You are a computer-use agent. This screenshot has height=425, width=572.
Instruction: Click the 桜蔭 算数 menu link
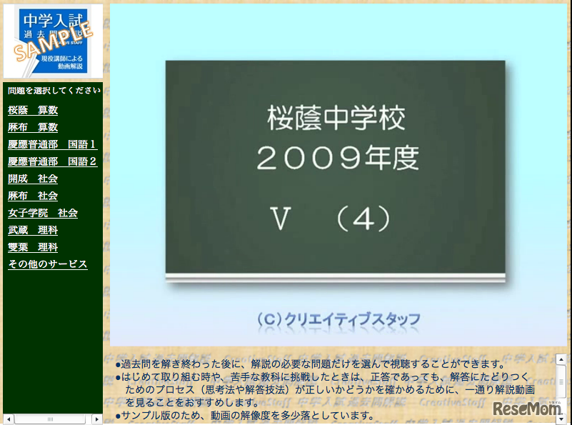33,110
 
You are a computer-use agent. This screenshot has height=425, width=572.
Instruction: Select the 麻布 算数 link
33,127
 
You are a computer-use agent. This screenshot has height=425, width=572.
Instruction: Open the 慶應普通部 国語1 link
52,144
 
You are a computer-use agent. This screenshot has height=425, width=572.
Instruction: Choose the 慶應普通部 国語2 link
52,161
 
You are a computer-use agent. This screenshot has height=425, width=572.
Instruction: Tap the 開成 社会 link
33,179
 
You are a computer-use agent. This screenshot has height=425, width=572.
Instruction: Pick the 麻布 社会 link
33,196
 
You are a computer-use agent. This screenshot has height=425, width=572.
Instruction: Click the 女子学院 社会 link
43,213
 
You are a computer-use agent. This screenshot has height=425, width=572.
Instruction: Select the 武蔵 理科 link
33,230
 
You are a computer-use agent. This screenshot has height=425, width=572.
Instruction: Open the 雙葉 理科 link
33,247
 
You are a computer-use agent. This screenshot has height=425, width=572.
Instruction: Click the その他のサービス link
48,264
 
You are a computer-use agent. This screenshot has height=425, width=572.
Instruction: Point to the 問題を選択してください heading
54,91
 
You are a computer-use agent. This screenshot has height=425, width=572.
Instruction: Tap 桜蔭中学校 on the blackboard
336,118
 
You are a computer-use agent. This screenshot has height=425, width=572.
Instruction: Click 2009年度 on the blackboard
336,158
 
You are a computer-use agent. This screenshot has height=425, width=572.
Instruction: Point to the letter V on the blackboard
281,219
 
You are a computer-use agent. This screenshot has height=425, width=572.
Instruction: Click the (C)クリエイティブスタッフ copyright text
338,319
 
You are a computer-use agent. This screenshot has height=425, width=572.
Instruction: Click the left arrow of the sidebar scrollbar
9,419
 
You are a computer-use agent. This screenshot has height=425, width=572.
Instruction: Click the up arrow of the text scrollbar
561,359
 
